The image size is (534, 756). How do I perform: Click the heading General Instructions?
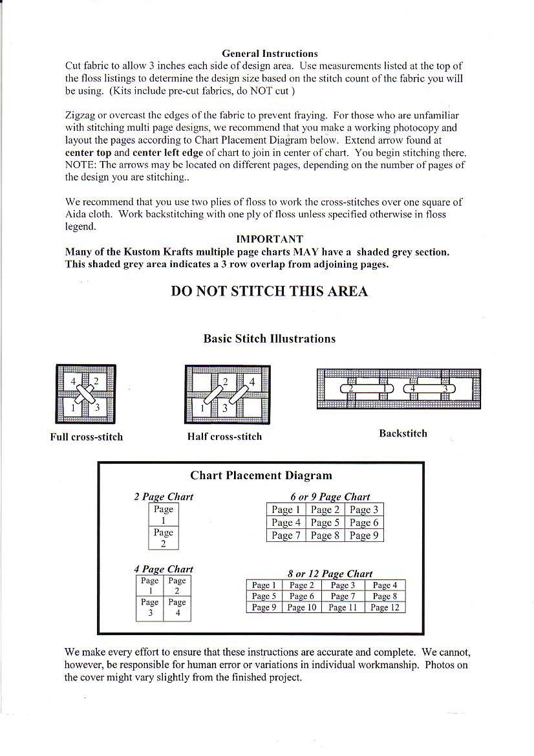(270, 54)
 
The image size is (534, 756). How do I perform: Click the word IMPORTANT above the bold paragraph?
(270, 239)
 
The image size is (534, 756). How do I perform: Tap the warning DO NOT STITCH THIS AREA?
(270, 291)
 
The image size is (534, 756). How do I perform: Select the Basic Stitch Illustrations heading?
(270, 338)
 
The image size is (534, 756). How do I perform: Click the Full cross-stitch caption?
(87, 437)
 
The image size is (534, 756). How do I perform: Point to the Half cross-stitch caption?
(224, 437)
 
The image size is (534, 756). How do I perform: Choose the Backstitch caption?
(403, 433)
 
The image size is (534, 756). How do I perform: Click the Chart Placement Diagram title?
(261, 475)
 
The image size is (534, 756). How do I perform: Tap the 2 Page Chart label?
(164, 497)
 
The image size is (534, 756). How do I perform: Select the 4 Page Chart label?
(164, 569)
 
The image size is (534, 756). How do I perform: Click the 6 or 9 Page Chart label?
(330, 497)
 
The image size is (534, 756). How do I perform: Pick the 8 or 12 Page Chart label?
(330, 574)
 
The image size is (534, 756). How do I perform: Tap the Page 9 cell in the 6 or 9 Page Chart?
(364, 535)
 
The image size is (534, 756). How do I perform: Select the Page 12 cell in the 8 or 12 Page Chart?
(385, 607)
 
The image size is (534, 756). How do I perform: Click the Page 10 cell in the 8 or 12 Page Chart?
(302, 607)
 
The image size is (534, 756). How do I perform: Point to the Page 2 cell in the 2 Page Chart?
(164, 538)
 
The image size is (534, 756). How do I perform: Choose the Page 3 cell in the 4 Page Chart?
(150, 607)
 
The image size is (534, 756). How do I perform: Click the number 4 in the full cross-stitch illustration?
(74, 380)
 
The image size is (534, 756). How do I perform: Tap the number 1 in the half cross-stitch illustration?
(202, 408)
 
